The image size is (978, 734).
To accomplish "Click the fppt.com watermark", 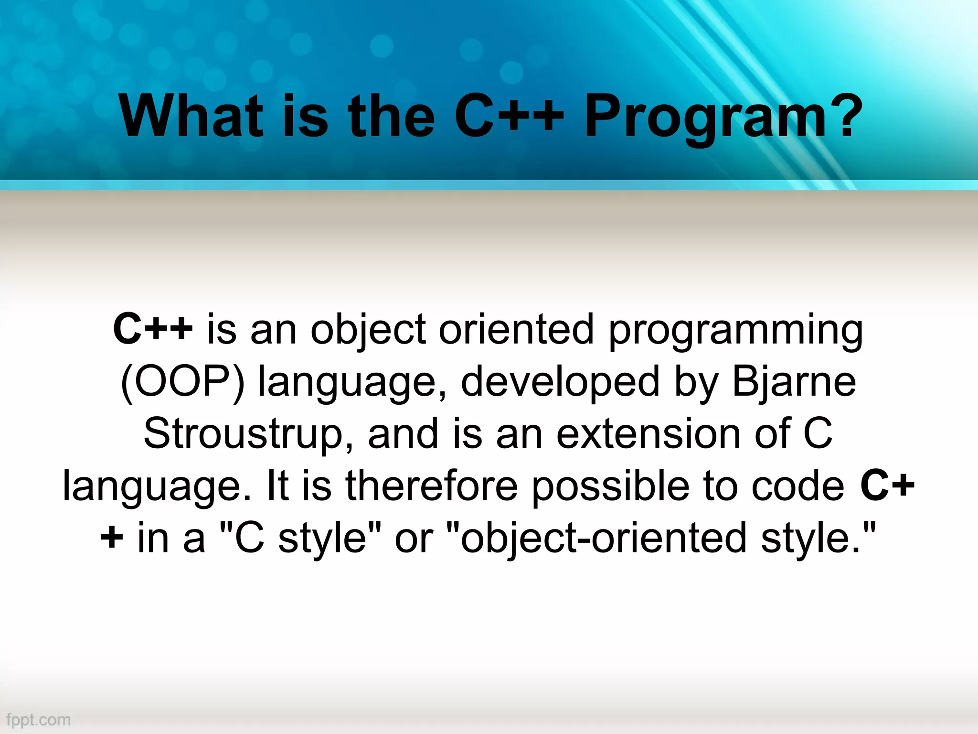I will [x=38, y=720].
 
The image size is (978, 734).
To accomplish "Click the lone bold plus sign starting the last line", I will [x=112, y=538].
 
